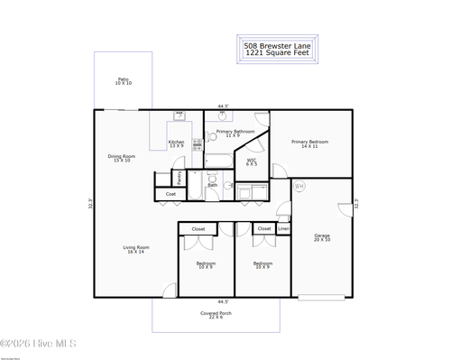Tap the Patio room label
[x=124, y=79]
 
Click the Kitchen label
[x=177, y=142]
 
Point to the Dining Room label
[x=122, y=156]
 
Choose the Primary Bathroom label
[x=235, y=132]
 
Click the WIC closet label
[x=253, y=161]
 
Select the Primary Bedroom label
[x=309, y=142]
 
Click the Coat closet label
[x=170, y=194]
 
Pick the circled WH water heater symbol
[x=299, y=186]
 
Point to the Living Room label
[x=136, y=247]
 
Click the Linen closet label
[x=283, y=229]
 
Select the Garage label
[x=322, y=236]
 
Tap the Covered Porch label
[x=216, y=313]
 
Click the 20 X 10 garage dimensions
[x=322, y=241]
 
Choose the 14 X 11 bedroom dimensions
[x=309, y=146]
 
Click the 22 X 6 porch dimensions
[x=216, y=318]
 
